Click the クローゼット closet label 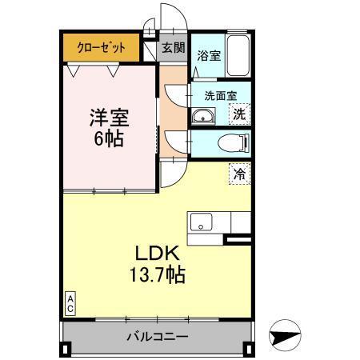pyautogui.click(x=102, y=46)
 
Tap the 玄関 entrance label pyautogui.click(x=173, y=47)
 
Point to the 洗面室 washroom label pyautogui.click(x=221, y=94)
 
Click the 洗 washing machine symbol pyautogui.click(x=239, y=114)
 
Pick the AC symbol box pyautogui.click(x=70, y=303)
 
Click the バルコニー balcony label pyautogui.click(x=158, y=336)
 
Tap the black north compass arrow pyautogui.click(x=285, y=335)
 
